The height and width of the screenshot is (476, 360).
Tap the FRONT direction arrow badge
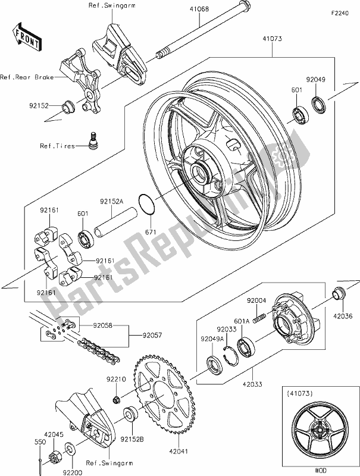pyautogui.click(x=27, y=36)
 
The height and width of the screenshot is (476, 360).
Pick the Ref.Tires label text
pyautogui.click(x=58, y=146)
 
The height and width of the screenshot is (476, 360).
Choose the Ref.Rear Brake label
pyautogui.click(x=27, y=77)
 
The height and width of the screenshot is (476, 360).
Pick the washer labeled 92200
pyautogui.click(x=70, y=447)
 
